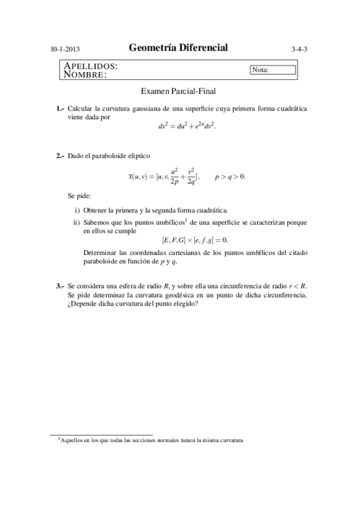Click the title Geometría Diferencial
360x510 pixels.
pos(178,48)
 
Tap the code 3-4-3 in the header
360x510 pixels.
pos(299,50)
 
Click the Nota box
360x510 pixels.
pos(273,70)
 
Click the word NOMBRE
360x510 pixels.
pos(85,75)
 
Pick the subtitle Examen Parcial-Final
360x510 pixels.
pos(178,91)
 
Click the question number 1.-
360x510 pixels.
pos(60,109)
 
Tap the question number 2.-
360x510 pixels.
pos(60,156)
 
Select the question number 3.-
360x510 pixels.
pos(60,286)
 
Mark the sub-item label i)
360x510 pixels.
pos(77,210)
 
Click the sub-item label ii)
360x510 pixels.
pos(76,222)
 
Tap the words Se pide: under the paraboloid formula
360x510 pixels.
pos(79,196)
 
